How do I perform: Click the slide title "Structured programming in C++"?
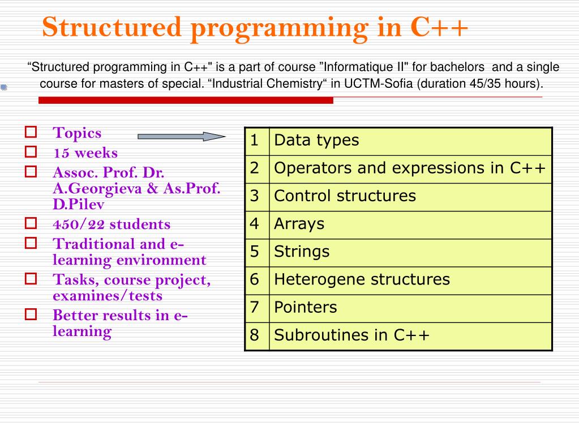pyautogui.click(x=255, y=27)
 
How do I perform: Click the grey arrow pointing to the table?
pyautogui.click(x=181, y=137)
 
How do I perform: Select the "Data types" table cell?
pyautogui.click(x=316, y=141)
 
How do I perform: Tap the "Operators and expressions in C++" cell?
pyautogui.click(x=410, y=168)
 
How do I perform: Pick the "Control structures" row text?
pyautogui.click(x=345, y=196)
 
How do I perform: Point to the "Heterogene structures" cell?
pyautogui.click(x=362, y=279)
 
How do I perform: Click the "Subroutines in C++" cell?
pyautogui.click(x=351, y=335)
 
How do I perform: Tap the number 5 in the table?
pyautogui.click(x=255, y=252)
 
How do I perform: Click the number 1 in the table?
pyautogui.click(x=255, y=141)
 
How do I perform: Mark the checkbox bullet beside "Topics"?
pyautogui.click(x=31, y=133)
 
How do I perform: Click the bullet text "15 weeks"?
pyautogui.click(x=85, y=153)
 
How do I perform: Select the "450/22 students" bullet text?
pyautogui.click(x=111, y=224)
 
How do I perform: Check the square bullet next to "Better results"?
pyautogui.click(x=31, y=314)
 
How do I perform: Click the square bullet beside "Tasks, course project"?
pyautogui.click(x=31, y=279)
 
